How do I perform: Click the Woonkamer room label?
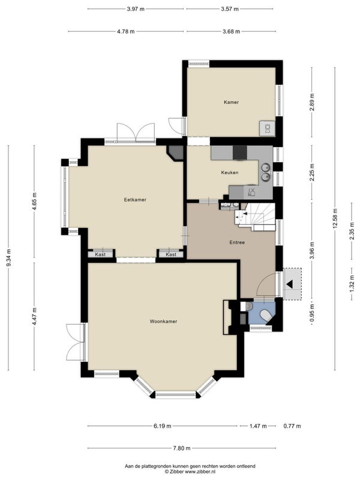(x=163, y=322)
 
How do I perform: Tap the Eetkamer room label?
(x=135, y=200)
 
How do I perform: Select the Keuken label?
(x=230, y=173)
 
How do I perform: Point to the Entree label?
(x=237, y=242)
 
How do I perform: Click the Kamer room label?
(x=231, y=102)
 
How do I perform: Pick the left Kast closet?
(x=100, y=254)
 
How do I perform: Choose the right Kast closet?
(x=171, y=254)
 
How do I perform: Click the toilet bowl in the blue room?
(x=265, y=315)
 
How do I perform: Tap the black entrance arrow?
(x=289, y=284)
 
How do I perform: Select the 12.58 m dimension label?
(x=335, y=218)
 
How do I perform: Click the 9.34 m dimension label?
(x=8, y=257)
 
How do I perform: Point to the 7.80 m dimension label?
(x=182, y=448)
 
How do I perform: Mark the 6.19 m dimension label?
(x=162, y=426)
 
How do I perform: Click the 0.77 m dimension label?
(x=292, y=426)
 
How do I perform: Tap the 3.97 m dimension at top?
(x=136, y=9)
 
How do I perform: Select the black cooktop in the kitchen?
(x=239, y=152)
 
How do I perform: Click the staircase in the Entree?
(x=256, y=217)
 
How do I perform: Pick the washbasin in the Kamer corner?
(x=267, y=128)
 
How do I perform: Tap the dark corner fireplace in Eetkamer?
(x=176, y=152)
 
